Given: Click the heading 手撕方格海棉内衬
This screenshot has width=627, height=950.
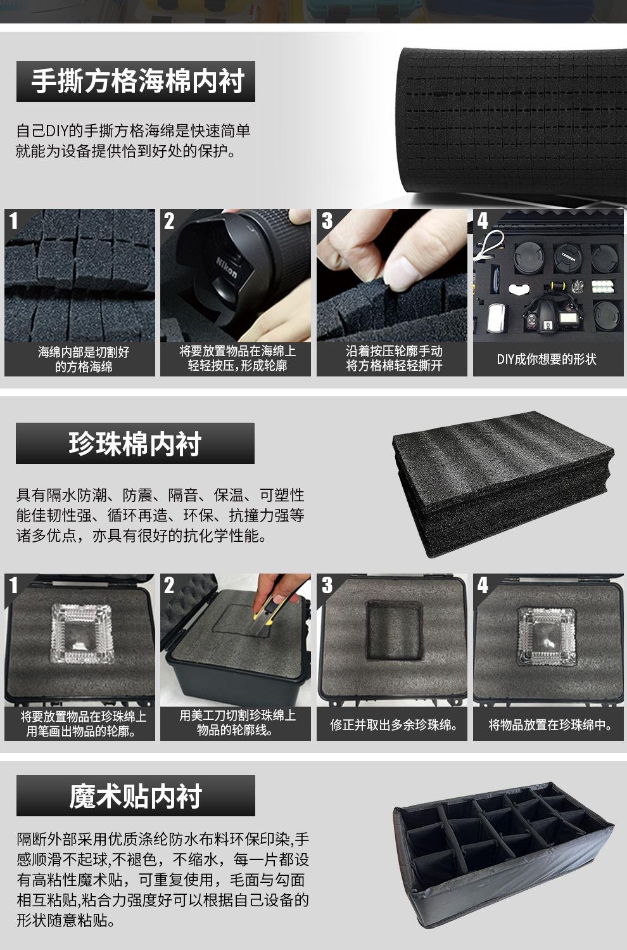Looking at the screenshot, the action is click(137, 81).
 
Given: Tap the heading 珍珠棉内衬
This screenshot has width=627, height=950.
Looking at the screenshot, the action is click(135, 444).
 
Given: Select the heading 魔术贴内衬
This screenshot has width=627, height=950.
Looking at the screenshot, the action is click(136, 796).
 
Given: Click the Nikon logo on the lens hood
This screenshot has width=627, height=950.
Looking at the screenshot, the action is click(227, 267).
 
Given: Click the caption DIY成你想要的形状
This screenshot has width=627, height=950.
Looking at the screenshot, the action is click(547, 359).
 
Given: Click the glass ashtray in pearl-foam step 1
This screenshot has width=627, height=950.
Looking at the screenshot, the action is click(82, 634).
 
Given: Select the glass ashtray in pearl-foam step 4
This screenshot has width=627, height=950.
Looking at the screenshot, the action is click(547, 636).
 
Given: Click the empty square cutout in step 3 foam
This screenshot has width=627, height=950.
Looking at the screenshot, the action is click(394, 630).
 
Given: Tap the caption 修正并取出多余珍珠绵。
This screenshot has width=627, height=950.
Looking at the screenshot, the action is click(394, 725).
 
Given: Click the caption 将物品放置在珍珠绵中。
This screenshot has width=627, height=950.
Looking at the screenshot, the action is click(550, 725).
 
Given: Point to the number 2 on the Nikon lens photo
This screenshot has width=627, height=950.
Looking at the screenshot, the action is click(168, 221).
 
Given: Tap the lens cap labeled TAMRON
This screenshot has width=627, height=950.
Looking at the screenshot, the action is click(567, 257).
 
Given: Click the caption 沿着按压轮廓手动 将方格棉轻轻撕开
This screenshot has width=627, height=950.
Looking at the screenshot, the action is click(394, 358).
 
